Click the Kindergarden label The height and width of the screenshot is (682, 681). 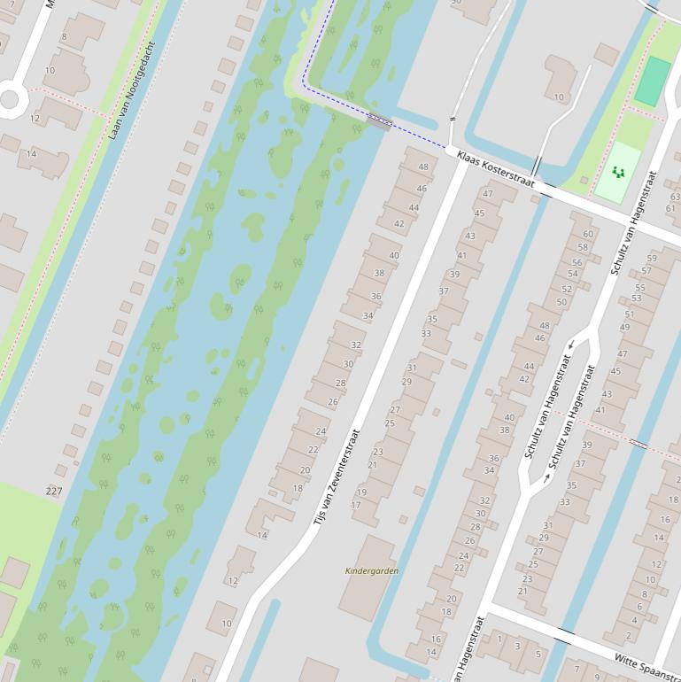(x=371, y=571)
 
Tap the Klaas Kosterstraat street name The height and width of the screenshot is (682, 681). (x=496, y=168)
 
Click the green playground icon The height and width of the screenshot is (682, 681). (x=618, y=171)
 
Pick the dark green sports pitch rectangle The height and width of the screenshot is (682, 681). (x=653, y=81)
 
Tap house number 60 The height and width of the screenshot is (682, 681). (x=587, y=235)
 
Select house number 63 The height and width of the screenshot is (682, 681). (x=675, y=198)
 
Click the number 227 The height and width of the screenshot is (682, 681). (x=54, y=491)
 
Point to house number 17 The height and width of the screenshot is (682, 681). (x=356, y=506)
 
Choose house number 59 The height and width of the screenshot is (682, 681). (x=652, y=259)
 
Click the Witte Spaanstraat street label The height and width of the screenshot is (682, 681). (x=646, y=663)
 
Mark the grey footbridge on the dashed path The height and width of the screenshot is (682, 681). (x=379, y=122)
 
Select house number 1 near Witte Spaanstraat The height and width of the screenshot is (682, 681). (x=499, y=639)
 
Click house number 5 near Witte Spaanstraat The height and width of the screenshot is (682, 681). (x=538, y=655)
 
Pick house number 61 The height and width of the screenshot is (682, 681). (x=670, y=209)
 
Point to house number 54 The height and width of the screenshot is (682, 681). (x=572, y=274)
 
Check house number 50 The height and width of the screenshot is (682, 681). (x=561, y=302)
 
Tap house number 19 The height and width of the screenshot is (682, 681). (x=361, y=492)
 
